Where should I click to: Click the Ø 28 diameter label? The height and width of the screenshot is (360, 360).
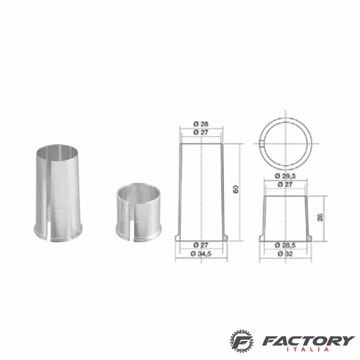(x=201, y=124)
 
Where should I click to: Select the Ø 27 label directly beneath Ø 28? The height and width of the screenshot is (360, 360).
(x=201, y=132)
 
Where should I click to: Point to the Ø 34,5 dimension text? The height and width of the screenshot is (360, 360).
(x=201, y=254)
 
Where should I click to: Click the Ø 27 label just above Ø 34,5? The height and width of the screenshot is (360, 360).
(x=201, y=245)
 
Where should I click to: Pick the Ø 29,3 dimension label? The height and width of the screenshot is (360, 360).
(x=285, y=176)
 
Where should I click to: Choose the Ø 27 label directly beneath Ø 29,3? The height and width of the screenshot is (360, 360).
(x=285, y=184)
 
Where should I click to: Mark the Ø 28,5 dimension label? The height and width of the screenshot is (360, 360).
(x=285, y=245)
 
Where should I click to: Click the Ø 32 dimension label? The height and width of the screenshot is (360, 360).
(x=285, y=254)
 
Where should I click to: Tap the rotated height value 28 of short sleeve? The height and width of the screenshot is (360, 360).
(x=320, y=217)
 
